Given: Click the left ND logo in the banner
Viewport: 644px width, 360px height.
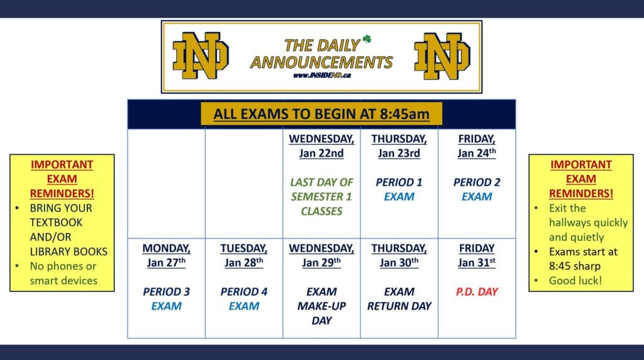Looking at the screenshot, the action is [201, 55].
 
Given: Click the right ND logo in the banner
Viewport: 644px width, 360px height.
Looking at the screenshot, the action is [442, 56].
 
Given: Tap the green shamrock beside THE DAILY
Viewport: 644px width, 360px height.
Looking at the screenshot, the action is [367, 39].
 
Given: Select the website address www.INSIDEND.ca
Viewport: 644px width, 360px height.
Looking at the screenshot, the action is [322, 75].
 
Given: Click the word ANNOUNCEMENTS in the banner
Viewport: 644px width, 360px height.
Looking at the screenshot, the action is [321, 62].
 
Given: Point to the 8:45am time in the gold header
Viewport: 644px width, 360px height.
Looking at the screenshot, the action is [404, 114].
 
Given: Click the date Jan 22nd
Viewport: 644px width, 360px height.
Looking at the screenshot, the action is [321, 154].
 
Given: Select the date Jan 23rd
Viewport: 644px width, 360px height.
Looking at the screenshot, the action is [399, 154].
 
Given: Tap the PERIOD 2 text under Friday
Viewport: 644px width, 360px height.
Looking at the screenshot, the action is [477, 182].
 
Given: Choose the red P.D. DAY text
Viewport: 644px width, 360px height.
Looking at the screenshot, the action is [477, 292].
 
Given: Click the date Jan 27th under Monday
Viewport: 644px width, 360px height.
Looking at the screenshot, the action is [166, 262].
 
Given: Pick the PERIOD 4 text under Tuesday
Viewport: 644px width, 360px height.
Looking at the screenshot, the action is [244, 292].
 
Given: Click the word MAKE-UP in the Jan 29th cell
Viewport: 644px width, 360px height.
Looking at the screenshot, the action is [321, 306].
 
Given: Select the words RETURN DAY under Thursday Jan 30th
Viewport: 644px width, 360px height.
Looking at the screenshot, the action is [399, 306].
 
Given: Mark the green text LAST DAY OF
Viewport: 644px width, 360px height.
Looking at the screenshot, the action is [321, 182].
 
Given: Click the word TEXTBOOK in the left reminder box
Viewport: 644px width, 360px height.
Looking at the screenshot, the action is [56, 223].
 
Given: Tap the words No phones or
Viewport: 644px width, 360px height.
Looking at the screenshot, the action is [64, 266].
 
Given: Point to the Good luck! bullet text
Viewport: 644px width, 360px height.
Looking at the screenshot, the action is [575, 281].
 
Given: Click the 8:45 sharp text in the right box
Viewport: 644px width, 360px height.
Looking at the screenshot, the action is [575, 266].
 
